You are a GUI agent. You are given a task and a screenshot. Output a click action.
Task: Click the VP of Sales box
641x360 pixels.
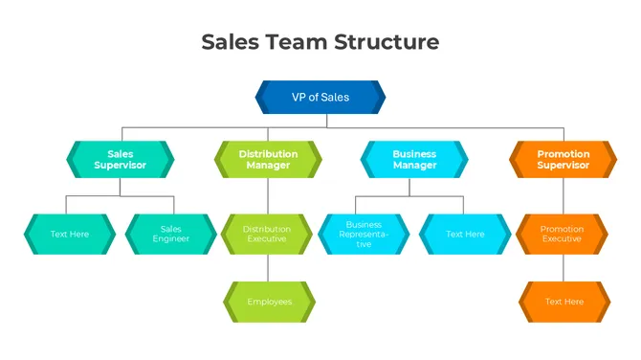tap(320, 97)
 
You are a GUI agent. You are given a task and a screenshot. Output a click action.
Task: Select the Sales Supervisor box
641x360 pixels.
tap(121, 159)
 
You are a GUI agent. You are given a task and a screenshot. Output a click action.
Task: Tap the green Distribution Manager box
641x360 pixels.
tap(268, 159)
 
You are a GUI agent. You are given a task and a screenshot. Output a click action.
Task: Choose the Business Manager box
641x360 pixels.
tap(414, 159)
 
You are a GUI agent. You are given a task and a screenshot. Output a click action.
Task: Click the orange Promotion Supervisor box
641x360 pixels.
tap(563, 159)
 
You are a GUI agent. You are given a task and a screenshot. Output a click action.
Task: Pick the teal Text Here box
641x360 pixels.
tap(69, 234)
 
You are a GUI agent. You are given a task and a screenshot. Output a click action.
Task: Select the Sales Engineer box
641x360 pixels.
tap(171, 234)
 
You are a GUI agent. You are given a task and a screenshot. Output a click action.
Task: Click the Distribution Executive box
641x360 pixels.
tap(268, 234)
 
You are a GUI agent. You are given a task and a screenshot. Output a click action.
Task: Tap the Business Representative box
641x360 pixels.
tap(364, 234)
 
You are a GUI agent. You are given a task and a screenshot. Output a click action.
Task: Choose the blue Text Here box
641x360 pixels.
tap(465, 234)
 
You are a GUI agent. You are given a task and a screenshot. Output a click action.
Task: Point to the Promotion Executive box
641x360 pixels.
tap(563, 234)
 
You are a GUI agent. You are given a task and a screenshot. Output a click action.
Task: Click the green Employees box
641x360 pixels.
tap(268, 302)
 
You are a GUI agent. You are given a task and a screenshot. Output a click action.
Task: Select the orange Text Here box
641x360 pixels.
tap(563, 302)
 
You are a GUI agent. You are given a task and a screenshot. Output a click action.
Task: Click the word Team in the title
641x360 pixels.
tap(296, 42)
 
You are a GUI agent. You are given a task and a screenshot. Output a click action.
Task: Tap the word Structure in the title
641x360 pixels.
tap(387, 42)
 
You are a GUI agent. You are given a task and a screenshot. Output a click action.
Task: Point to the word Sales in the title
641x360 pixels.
tap(230, 42)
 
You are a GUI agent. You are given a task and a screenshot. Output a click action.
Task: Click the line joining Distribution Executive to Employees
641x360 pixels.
tap(268, 267)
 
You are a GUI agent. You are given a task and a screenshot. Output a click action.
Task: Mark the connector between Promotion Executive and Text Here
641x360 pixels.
tap(563, 267)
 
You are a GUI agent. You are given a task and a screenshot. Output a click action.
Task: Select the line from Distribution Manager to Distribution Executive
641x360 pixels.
tap(268, 195)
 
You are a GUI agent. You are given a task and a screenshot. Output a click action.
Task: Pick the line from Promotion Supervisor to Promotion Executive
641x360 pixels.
tap(563, 195)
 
